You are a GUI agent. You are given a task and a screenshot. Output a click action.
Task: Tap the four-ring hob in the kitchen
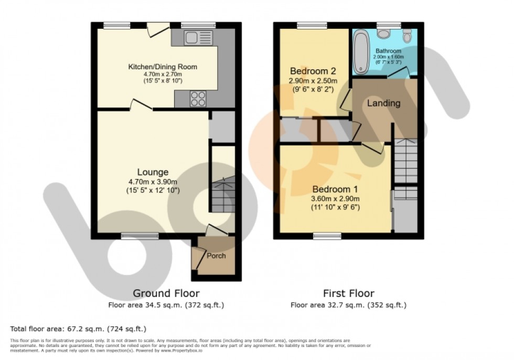[198, 99]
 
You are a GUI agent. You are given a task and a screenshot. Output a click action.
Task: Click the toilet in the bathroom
[407, 37]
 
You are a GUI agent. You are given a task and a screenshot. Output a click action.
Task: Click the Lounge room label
[153, 172]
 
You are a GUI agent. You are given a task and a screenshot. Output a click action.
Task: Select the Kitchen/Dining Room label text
[163, 67]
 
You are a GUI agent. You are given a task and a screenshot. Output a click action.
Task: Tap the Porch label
[216, 256]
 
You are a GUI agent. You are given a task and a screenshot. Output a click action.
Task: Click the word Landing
[383, 103]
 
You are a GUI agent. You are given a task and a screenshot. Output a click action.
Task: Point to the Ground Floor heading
[166, 293]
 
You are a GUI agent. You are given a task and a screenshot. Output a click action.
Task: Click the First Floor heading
[348, 293]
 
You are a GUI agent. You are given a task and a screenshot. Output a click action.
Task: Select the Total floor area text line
[78, 329]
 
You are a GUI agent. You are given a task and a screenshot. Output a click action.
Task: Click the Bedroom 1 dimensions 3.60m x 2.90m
[336, 199]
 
